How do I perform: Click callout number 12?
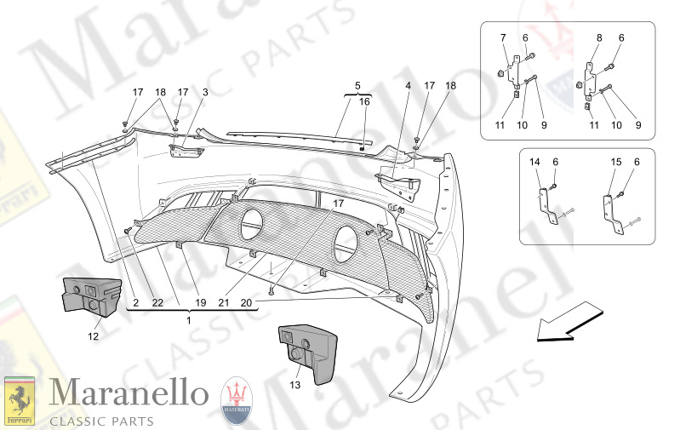[93, 336]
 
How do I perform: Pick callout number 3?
[205, 92]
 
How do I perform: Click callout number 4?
[408, 85]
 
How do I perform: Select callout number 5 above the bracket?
[357, 85]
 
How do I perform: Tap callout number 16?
[365, 101]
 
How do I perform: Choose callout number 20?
[246, 302]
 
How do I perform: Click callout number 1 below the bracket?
[190, 320]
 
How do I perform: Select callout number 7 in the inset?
[502, 37]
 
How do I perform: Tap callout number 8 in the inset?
[599, 37]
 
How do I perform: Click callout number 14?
[535, 162]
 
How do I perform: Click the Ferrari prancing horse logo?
[20, 400]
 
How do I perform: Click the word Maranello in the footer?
[129, 394]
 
